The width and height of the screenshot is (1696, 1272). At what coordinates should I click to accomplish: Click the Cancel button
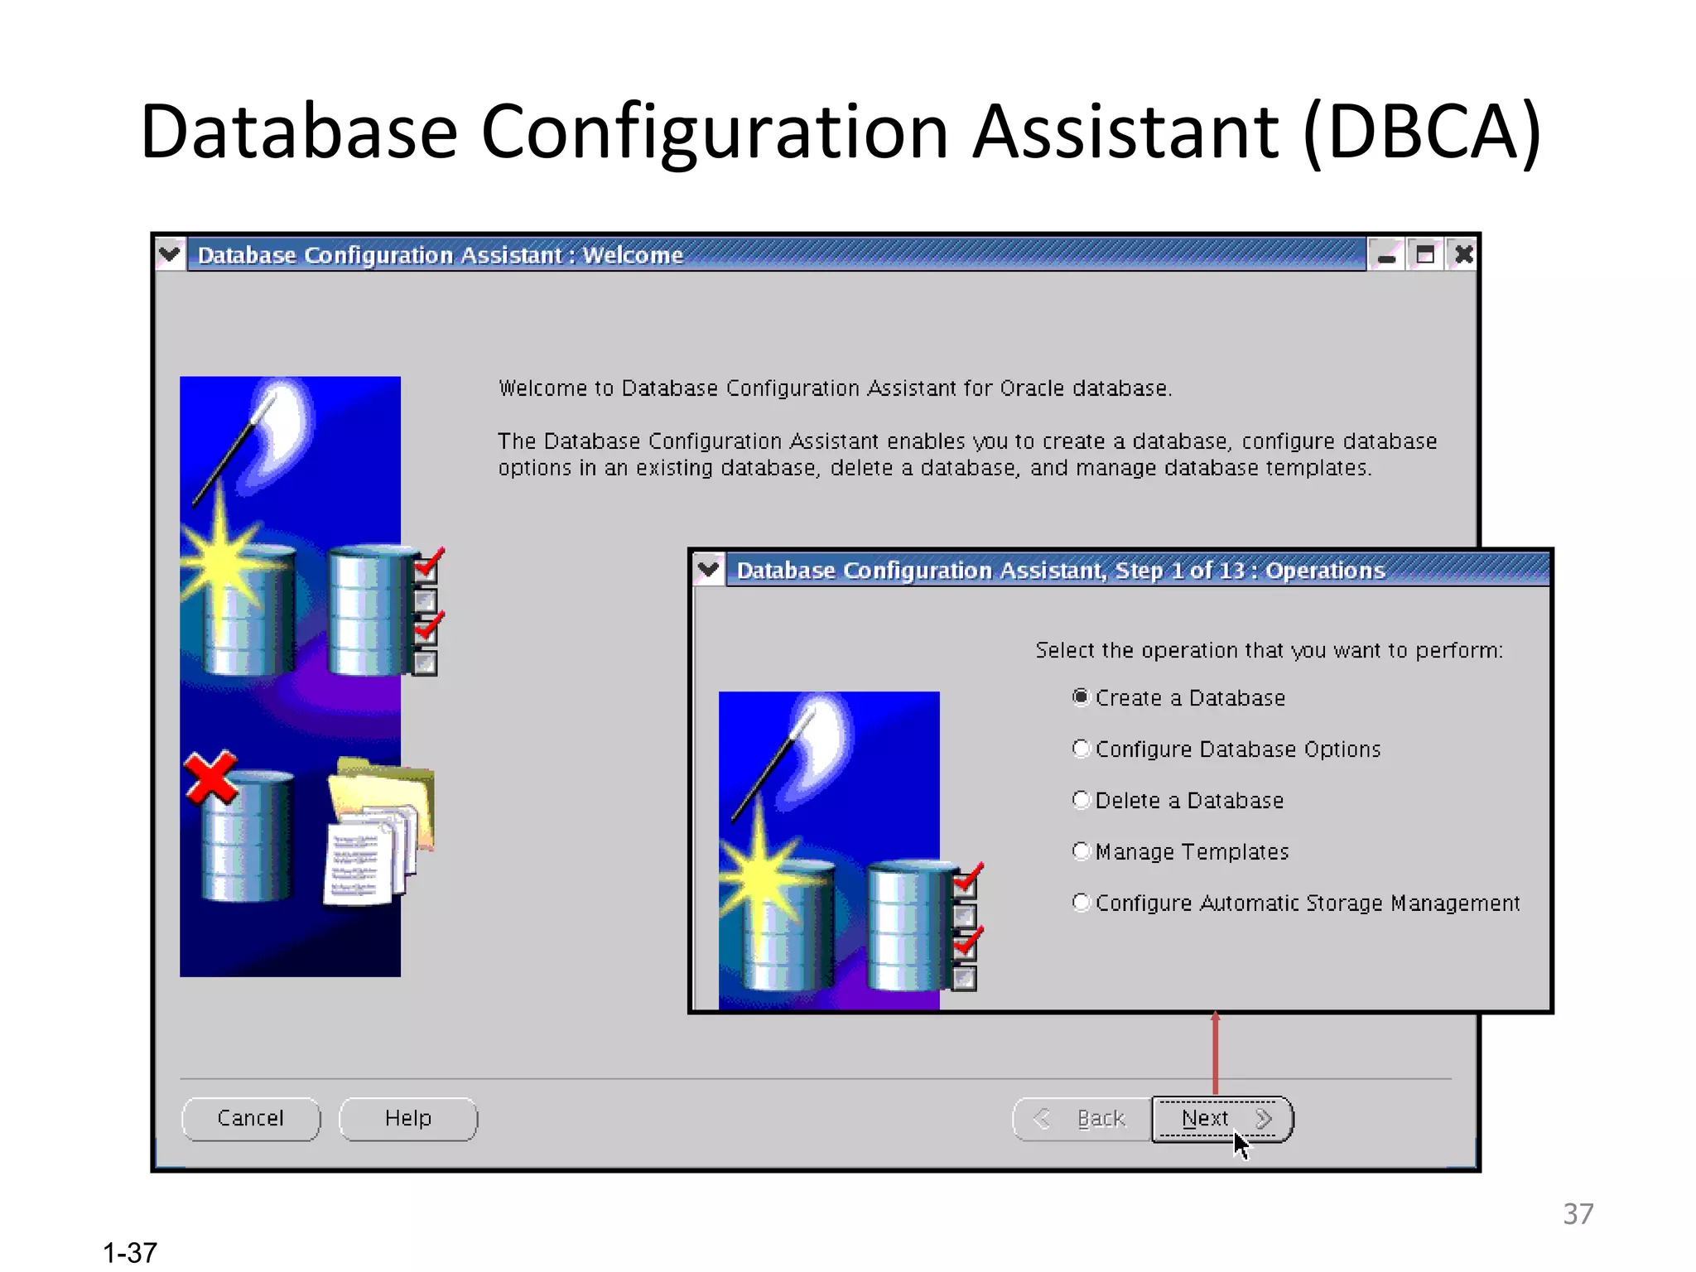[x=250, y=1119]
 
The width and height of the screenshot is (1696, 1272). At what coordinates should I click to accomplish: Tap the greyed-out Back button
[x=1082, y=1119]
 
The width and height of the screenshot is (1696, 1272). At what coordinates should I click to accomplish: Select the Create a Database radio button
[x=1081, y=697]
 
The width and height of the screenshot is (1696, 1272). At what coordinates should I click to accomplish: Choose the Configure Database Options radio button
[x=1081, y=749]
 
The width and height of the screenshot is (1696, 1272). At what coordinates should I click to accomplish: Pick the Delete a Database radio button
[x=1081, y=800]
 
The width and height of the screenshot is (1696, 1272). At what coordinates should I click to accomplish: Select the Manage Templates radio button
[x=1081, y=851]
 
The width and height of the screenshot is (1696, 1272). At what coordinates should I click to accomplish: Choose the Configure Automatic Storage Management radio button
[x=1081, y=903]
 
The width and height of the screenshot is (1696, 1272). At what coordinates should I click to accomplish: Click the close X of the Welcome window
[x=1463, y=254]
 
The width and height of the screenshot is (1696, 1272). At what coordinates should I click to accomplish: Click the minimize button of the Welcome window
[x=1386, y=254]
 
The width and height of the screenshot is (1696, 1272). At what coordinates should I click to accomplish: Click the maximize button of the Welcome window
[x=1425, y=254]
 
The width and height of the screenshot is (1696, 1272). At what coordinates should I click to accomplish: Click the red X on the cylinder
[x=210, y=778]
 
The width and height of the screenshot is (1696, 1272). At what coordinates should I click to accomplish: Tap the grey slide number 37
[x=1578, y=1214]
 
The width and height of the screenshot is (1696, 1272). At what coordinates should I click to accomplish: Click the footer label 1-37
[x=130, y=1252]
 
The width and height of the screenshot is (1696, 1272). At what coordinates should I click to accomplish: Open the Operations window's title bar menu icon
[x=709, y=570]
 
